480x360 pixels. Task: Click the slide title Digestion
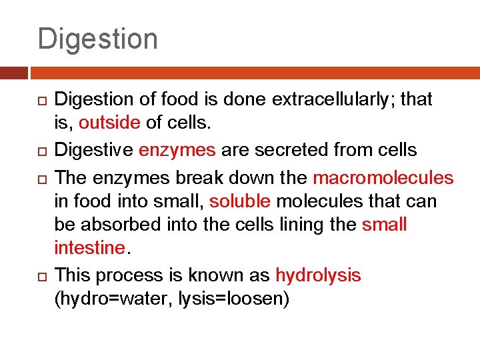[x=97, y=39]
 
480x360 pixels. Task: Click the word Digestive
[x=93, y=151]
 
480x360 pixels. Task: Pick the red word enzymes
[x=177, y=151]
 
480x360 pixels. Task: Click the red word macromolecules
[x=383, y=179]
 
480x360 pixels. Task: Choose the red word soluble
[x=239, y=201]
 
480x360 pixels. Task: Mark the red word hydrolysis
[x=318, y=275]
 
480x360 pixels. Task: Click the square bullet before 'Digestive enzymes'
[x=41, y=151]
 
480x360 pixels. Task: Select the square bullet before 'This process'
[x=41, y=275]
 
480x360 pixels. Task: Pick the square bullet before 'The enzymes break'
[x=41, y=179]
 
